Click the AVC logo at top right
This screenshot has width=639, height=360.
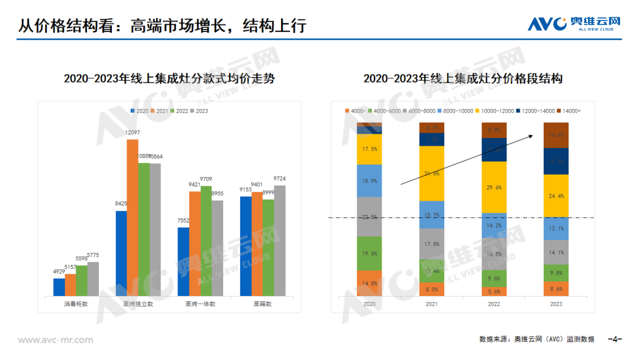(x=574, y=24)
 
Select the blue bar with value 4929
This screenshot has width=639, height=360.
(x=59, y=287)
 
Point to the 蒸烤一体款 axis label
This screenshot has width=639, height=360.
(x=200, y=304)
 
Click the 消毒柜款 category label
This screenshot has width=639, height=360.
(x=76, y=304)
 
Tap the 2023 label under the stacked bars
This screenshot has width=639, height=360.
(x=556, y=304)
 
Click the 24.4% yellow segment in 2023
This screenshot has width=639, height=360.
(x=556, y=195)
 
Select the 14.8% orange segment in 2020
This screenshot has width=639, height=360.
(x=369, y=283)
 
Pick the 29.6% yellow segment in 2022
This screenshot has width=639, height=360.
(x=494, y=187)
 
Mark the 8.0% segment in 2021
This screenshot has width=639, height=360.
(x=431, y=290)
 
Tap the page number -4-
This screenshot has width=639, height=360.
(x=615, y=339)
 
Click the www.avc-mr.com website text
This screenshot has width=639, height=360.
(x=56, y=340)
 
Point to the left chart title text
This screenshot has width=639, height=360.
(x=169, y=79)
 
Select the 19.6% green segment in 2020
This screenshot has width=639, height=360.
(x=369, y=253)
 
